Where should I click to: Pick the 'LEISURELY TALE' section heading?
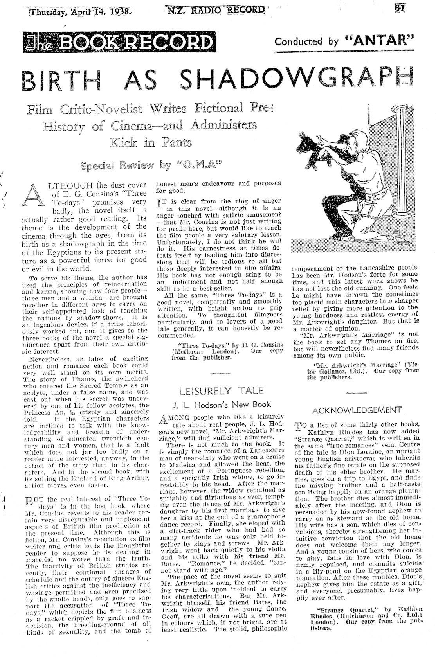[221, 390]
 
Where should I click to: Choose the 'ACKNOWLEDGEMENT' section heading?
[357, 410]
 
